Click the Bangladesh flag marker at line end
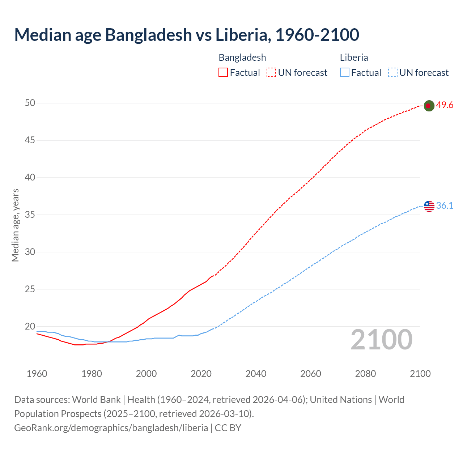[429, 106]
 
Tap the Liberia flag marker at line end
[429, 206]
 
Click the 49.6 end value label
[445, 105]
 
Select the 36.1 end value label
[445, 205]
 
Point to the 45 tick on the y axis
[30, 140]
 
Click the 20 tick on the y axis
[30, 326]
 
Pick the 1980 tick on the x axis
[92, 374]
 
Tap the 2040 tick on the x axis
[256, 374]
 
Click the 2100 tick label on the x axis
[420, 374]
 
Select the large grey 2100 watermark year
[381, 340]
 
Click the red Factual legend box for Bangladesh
[223, 73]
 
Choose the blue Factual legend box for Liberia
[344, 73]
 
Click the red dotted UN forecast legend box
[271, 73]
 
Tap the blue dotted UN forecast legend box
[392, 73]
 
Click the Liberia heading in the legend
[354, 58]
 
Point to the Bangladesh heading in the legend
[242, 58]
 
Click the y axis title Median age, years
[15, 225]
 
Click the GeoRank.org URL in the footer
[111, 428]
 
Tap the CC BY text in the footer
[228, 428]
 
